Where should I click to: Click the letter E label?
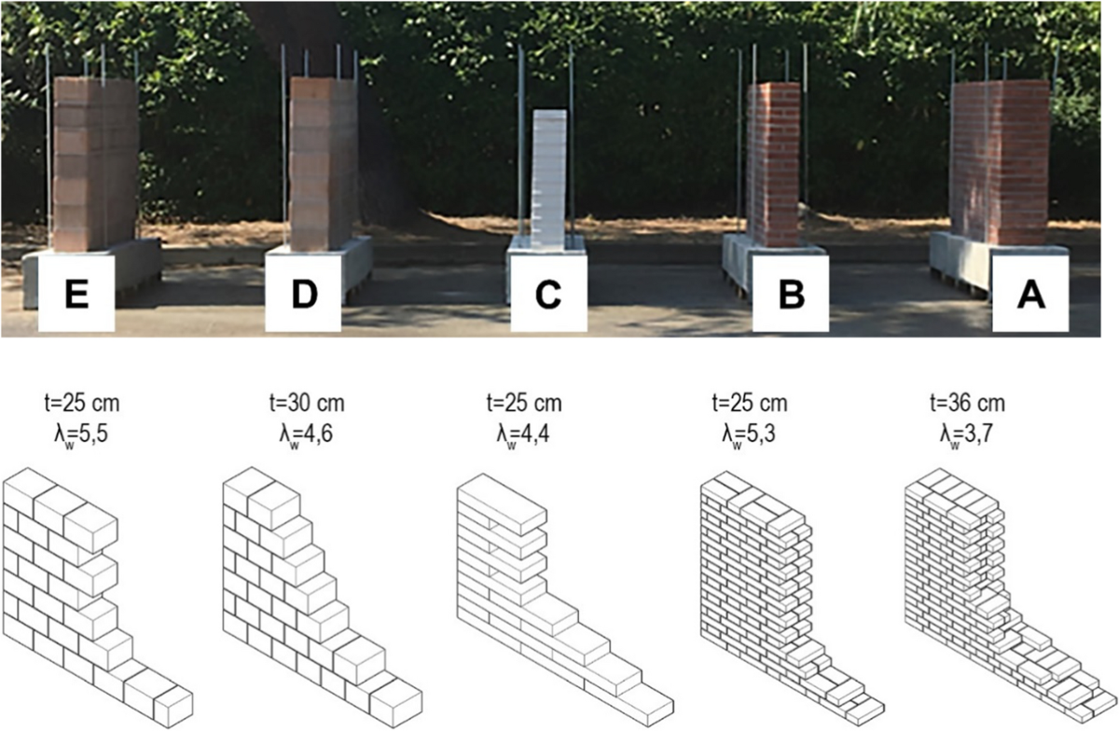coord(76,294)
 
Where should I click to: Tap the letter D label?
coord(303,294)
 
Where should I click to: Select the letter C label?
coord(548,294)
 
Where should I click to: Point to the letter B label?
coord(791,294)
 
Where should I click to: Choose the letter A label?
coord(1030,294)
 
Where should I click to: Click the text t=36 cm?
coord(968,403)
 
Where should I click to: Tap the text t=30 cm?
coord(307,403)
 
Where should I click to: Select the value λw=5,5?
coord(81,434)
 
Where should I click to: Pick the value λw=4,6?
coord(306,434)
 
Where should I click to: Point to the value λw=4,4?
coord(523,434)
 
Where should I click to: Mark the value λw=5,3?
coord(749,434)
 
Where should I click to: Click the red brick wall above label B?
coord(773,164)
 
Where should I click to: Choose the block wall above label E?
coord(95,164)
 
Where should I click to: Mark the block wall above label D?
coord(324,164)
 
